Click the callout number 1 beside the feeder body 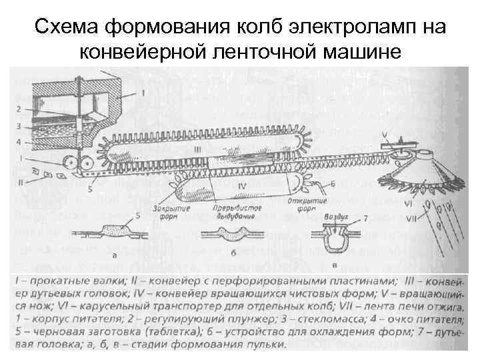[143, 94]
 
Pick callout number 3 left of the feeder [21, 125]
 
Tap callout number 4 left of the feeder [21, 141]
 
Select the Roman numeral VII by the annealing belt [414, 218]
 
